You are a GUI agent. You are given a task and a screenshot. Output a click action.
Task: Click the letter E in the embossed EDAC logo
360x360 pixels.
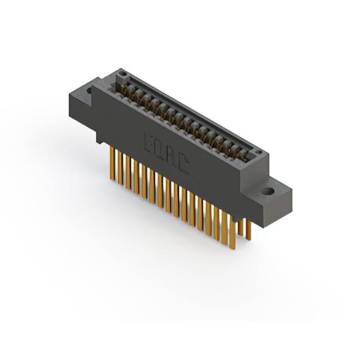click(x=150, y=141)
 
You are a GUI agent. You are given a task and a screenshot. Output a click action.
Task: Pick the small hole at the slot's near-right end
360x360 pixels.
click(x=255, y=153)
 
